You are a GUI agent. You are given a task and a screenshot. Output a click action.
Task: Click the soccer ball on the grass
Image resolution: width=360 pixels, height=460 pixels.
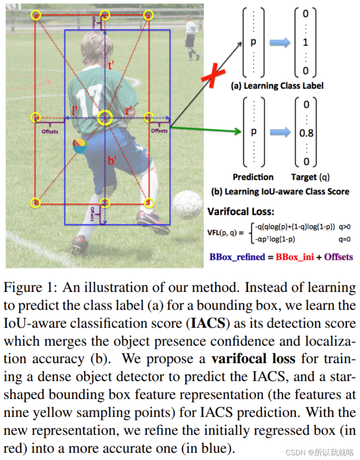click(x=187, y=204)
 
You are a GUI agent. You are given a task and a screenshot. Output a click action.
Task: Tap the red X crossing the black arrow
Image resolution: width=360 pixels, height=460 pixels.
click(x=213, y=76)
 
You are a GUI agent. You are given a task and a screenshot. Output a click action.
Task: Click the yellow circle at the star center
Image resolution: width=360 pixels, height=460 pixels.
click(x=105, y=118)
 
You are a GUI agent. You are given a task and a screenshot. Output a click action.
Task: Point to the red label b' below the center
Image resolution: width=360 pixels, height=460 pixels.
click(x=112, y=161)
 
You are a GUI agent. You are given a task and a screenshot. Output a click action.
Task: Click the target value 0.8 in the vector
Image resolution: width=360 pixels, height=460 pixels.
click(x=306, y=133)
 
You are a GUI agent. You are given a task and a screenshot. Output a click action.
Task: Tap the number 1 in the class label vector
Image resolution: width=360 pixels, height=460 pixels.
click(x=305, y=42)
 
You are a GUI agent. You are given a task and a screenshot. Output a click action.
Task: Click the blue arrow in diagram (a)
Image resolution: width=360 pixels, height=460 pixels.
click(x=280, y=43)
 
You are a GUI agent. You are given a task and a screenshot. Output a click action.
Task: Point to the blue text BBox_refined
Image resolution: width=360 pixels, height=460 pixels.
click(x=237, y=257)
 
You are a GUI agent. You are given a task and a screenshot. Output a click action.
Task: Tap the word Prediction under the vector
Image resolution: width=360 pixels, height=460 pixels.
click(x=253, y=177)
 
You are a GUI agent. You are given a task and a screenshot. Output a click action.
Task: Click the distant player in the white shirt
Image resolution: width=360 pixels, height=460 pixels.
click(x=191, y=37)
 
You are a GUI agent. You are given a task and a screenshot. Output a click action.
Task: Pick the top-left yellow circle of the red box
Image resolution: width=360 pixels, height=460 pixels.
click(x=36, y=16)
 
